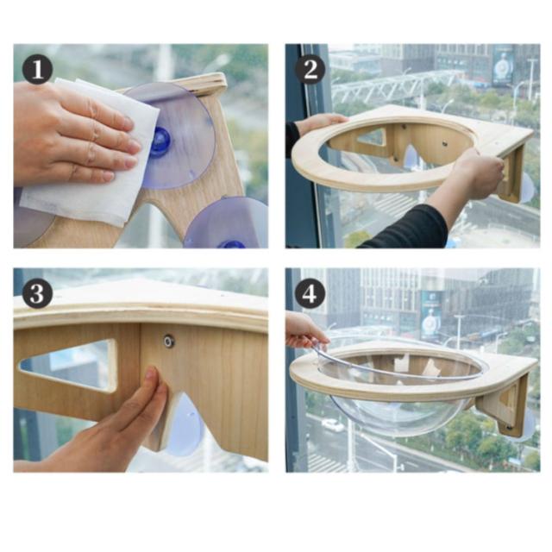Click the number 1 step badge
(37, 69)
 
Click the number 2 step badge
(310, 69)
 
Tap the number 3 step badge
(37, 293)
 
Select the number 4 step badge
(310, 293)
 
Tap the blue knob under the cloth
(160, 141)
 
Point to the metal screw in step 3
(169, 342)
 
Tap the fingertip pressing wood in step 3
(152, 373)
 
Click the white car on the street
(333, 425)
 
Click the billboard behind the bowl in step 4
(431, 314)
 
